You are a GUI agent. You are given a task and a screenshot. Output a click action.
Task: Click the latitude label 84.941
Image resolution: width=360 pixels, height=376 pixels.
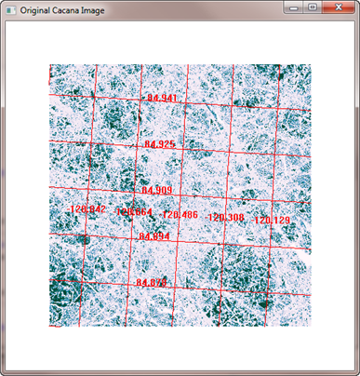point(162,98)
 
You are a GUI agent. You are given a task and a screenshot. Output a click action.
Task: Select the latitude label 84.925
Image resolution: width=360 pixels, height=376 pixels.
point(160,144)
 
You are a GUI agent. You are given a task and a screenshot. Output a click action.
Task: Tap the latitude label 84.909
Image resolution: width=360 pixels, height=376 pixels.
point(156,191)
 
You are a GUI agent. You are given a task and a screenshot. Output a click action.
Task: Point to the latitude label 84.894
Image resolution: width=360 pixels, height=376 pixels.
point(153,236)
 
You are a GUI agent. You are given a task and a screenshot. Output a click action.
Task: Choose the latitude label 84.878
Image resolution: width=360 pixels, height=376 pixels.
point(151,282)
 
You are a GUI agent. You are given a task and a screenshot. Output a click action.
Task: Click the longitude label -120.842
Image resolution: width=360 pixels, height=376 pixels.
point(88,210)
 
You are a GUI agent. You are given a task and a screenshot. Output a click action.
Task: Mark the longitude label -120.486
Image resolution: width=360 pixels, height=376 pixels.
point(180,215)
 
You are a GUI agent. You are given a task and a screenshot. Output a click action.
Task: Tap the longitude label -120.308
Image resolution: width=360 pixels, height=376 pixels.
point(226,218)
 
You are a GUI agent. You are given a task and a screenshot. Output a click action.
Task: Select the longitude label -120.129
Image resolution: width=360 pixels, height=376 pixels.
point(272,221)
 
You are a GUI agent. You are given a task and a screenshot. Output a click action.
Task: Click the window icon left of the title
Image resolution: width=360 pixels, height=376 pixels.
point(11,8)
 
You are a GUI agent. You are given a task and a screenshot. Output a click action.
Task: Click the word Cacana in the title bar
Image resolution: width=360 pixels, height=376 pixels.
point(76,8)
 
